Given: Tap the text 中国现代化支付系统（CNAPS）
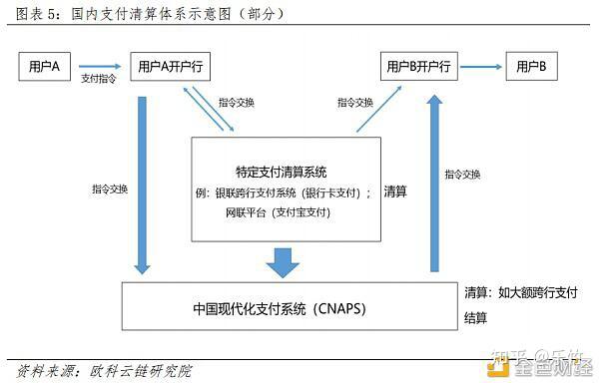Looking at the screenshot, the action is [x=281, y=307].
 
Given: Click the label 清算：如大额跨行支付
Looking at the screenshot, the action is [x=520, y=293].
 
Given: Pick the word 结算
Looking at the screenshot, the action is [x=476, y=318].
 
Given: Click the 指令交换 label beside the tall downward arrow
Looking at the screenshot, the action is [x=109, y=189].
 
